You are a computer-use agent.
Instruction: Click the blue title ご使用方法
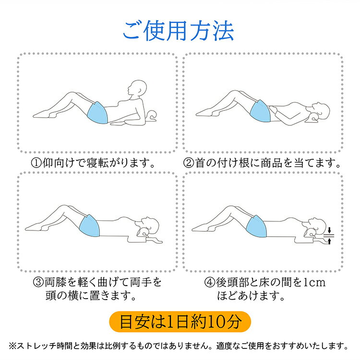pos(179,31)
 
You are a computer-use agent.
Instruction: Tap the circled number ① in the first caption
pos(36,163)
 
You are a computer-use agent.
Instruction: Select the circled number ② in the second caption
pos(189,163)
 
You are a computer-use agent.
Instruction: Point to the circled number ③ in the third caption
pos(38,282)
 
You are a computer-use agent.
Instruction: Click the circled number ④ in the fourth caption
pos(210,282)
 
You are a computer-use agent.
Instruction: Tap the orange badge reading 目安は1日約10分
pos(180,322)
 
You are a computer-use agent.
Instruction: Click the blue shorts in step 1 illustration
pos(98,113)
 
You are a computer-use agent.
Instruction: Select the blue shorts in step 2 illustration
pos(260,111)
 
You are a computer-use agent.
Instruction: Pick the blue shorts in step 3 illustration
pos(90,226)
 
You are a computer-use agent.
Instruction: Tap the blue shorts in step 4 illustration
pos(256,226)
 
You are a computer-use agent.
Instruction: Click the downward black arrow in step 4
pos(329,230)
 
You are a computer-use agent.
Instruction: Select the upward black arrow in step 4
pos(329,241)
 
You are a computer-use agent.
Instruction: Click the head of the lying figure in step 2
pos(321,111)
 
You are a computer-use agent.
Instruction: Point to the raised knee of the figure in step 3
pos(65,207)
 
